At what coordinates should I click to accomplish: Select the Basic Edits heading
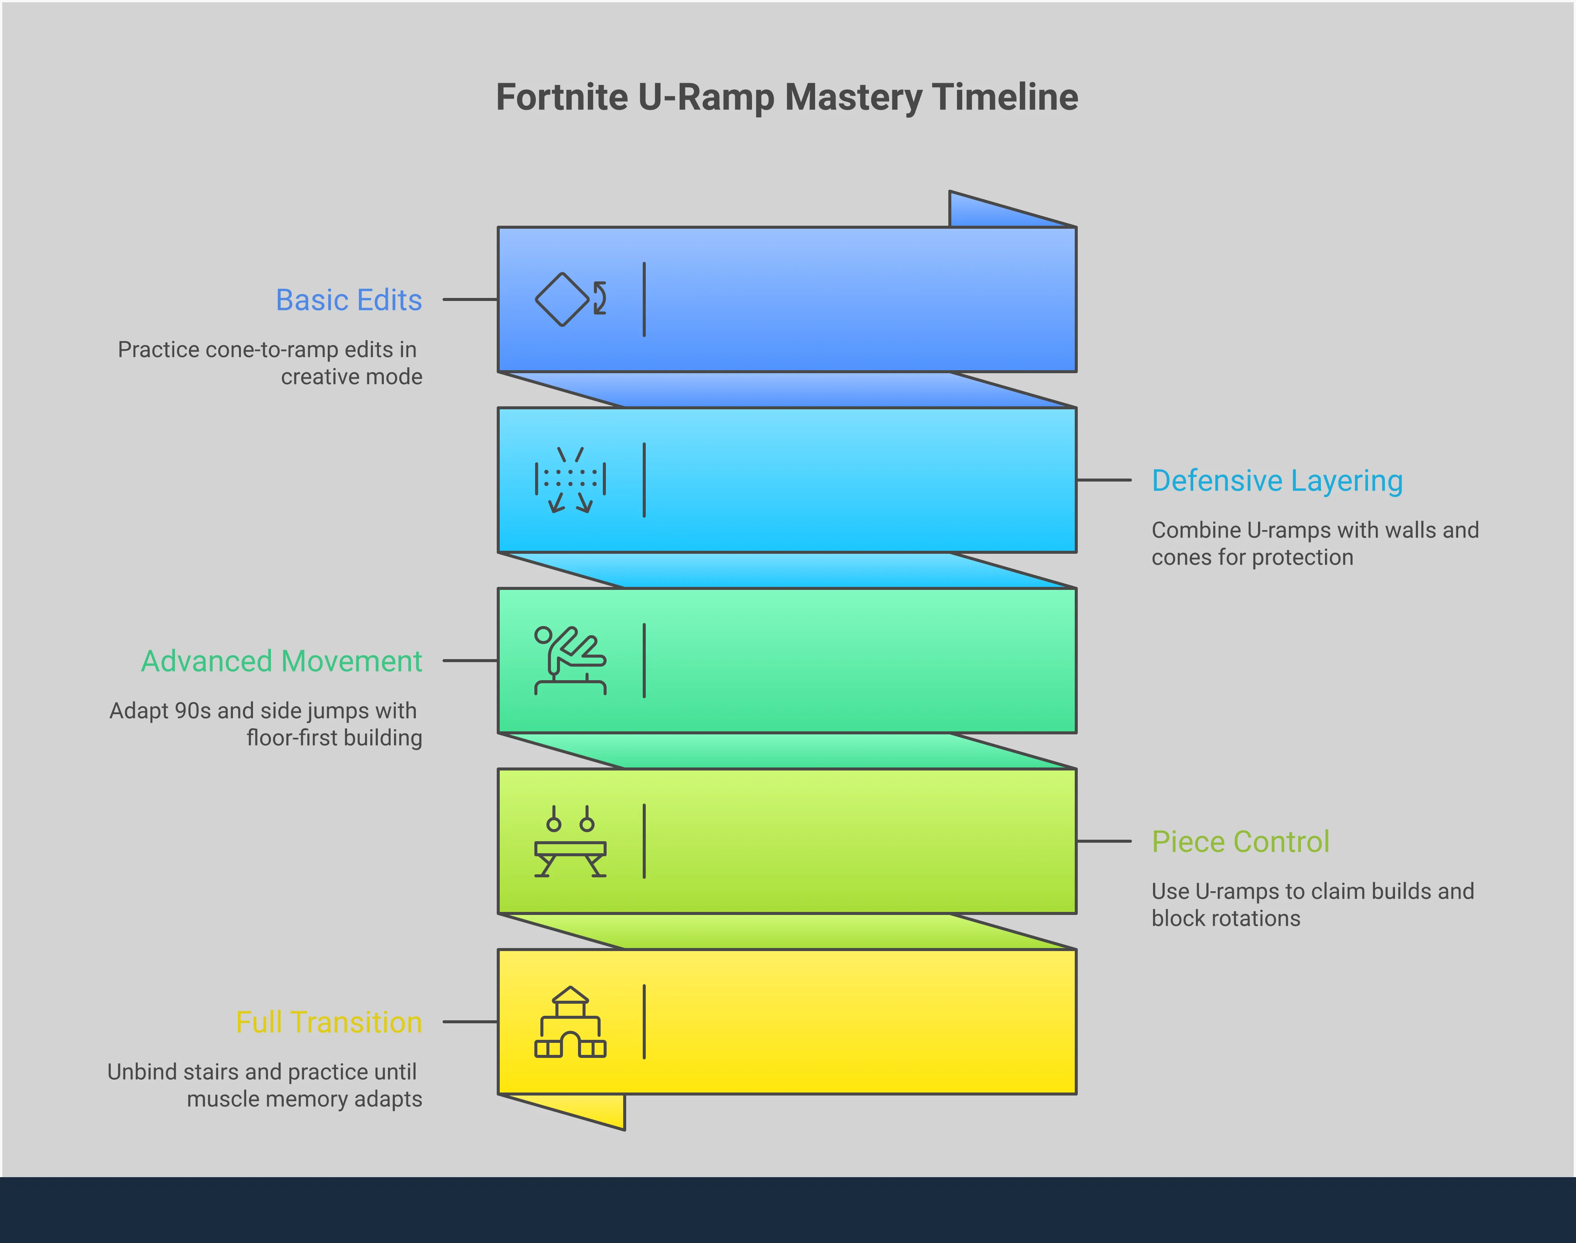coord(349,300)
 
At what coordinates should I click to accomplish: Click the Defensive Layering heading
coord(1277,481)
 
